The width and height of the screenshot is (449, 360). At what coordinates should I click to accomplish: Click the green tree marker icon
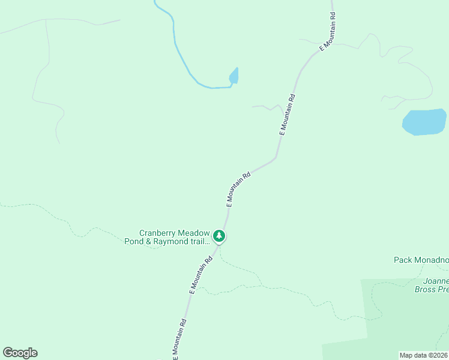(x=220, y=236)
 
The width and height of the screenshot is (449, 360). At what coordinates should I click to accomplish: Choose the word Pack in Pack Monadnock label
(x=403, y=260)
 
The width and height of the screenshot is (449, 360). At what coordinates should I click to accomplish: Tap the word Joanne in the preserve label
(x=435, y=280)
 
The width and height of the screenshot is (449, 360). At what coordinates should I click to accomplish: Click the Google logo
(x=20, y=353)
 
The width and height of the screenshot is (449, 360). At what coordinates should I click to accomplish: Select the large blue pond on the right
(x=424, y=122)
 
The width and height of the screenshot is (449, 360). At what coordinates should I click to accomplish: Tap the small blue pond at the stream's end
(x=234, y=76)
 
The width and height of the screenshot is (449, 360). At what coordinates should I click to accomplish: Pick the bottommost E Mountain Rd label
(x=180, y=339)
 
